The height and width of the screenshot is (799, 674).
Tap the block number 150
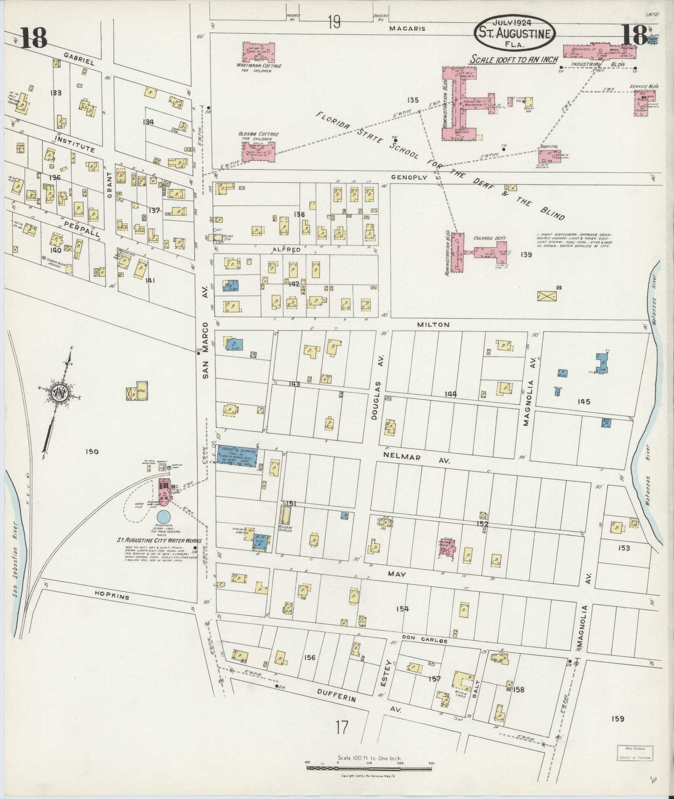pos(92,451)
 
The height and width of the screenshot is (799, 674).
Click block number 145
pos(583,401)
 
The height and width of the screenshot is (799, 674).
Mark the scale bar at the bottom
pos(370,767)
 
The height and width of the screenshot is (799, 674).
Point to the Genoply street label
pos(409,178)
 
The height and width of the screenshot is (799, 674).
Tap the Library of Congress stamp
pos(634,753)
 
